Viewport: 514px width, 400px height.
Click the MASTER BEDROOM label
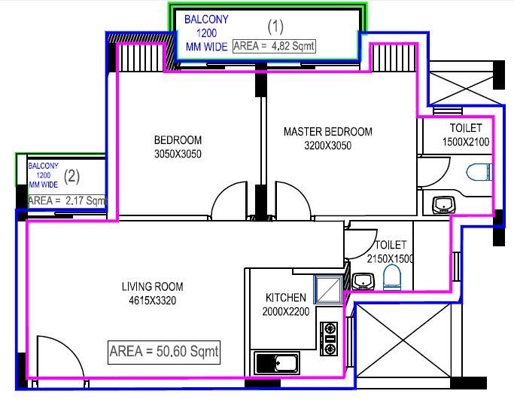[x=327, y=132]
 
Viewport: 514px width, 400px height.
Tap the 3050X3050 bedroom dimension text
[x=178, y=154]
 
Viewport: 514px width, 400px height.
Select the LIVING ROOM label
[x=153, y=286]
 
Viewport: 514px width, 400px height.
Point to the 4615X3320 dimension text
[x=153, y=300]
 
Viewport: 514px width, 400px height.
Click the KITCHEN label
[x=285, y=298]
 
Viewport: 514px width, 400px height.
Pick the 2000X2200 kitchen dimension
[x=285, y=311]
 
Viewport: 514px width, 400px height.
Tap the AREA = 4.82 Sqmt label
[x=273, y=46]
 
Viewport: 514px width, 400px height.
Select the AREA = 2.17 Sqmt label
[x=67, y=200]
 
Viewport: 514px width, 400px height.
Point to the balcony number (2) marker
[x=71, y=177]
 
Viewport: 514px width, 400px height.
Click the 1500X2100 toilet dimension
[x=466, y=142]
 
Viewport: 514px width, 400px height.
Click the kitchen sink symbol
[x=278, y=363]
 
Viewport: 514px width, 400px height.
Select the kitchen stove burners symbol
[x=329, y=339]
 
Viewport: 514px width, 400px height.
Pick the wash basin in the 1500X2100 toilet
[x=443, y=203]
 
